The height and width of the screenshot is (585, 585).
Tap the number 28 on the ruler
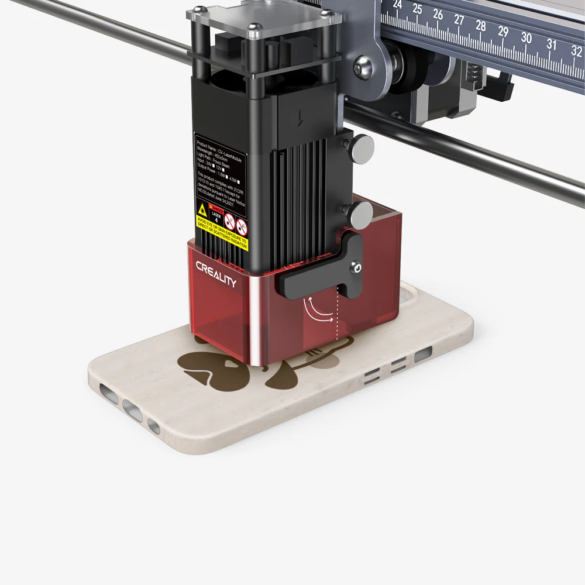click(481, 26)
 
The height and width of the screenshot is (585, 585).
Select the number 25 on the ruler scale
click(417, 9)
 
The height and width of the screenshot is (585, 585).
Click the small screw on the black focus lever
click(356, 267)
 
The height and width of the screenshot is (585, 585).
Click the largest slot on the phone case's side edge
click(422, 354)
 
